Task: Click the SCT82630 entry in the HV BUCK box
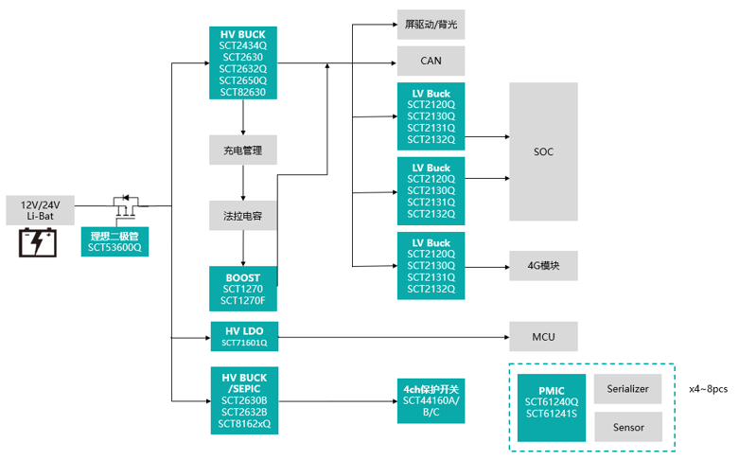[x=243, y=92]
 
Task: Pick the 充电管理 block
[x=243, y=150]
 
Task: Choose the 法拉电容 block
[x=243, y=215]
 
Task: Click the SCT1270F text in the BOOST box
[x=243, y=301]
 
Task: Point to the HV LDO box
[x=243, y=335]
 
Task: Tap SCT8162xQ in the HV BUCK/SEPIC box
[x=243, y=424]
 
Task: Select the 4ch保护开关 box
[x=431, y=400]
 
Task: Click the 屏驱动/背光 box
[x=431, y=24]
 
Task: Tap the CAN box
[x=431, y=61]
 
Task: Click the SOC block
[x=543, y=151]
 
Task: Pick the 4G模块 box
[x=543, y=265]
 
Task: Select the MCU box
[x=543, y=335]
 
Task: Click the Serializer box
[x=629, y=388]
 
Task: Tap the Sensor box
[x=629, y=428]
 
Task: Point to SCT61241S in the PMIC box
[x=552, y=413]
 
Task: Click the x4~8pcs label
[x=709, y=388]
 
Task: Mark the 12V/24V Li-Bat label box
[x=40, y=210]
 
